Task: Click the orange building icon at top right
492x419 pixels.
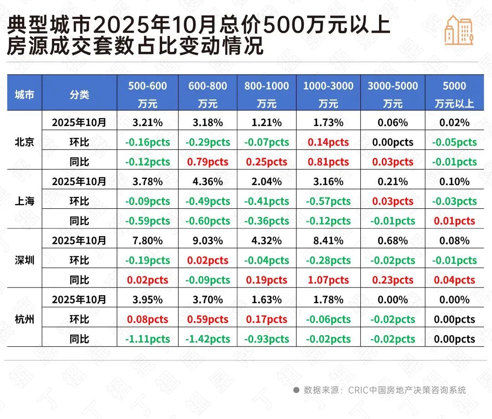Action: [x=459, y=30]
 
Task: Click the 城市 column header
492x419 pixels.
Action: [x=24, y=95]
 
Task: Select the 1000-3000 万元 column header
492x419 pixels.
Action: [x=328, y=95]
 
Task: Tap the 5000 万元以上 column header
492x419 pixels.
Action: [x=454, y=95]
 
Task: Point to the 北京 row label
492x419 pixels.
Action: [x=24, y=142]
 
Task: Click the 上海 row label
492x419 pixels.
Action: [x=24, y=201]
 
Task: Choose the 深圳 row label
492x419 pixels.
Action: [x=24, y=260]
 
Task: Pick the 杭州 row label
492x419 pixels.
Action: [x=24, y=319]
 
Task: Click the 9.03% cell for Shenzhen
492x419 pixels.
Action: [x=208, y=241]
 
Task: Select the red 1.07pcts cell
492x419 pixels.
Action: [x=328, y=280]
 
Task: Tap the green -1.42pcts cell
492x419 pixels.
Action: [x=208, y=339]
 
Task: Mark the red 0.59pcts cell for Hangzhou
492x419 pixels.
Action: [x=208, y=320]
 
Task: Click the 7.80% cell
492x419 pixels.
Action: [x=147, y=241]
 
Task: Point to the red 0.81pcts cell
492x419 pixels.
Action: [x=328, y=162]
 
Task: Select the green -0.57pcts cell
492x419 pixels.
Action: [x=328, y=202]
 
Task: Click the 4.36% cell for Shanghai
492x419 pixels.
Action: [x=208, y=182]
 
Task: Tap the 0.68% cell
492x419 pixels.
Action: [x=393, y=241]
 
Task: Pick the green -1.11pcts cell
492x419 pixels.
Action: [x=147, y=339]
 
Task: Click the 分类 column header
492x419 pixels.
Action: [x=79, y=95]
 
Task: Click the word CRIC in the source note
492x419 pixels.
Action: [x=359, y=390]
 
